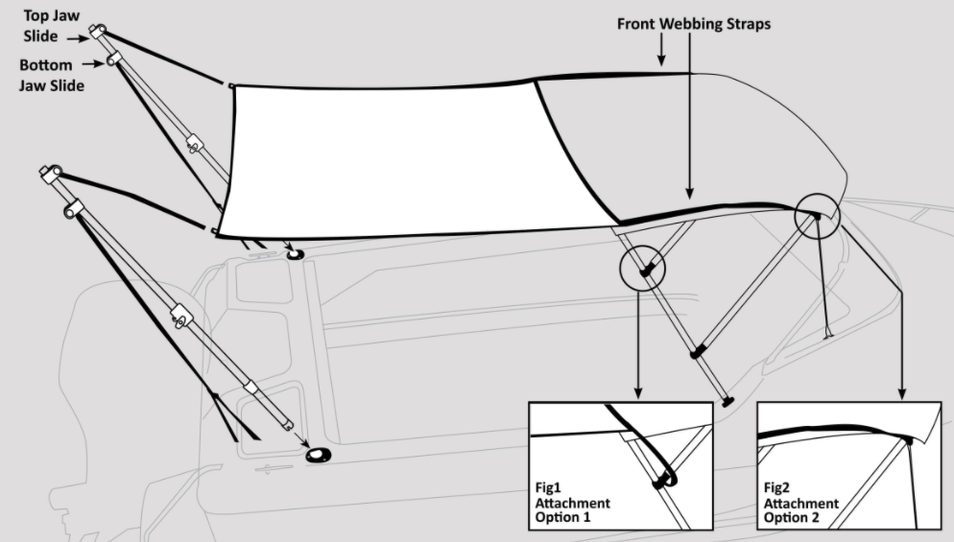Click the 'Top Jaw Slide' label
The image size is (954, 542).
point(51,26)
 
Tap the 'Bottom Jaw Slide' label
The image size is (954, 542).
point(51,75)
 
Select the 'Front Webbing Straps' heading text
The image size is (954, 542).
point(694,24)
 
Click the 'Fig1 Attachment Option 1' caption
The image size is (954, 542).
point(572,503)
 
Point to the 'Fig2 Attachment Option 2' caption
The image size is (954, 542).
point(800,503)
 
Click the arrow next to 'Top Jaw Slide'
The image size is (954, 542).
point(79,38)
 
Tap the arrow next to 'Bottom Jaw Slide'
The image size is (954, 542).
point(93,63)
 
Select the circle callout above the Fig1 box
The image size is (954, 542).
point(642,269)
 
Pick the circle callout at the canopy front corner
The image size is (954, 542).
point(817,216)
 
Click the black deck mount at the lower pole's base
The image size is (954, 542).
point(319,455)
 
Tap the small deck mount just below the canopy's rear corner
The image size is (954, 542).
point(295,253)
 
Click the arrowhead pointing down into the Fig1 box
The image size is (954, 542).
point(637,393)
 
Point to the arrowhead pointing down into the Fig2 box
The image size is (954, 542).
point(901,393)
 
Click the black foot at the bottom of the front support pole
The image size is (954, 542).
point(727,402)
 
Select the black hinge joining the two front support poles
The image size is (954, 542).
point(697,352)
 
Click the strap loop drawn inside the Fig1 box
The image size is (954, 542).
point(664,480)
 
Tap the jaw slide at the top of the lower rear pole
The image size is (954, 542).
point(51,174)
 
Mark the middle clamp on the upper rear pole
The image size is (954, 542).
point(194,144)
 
